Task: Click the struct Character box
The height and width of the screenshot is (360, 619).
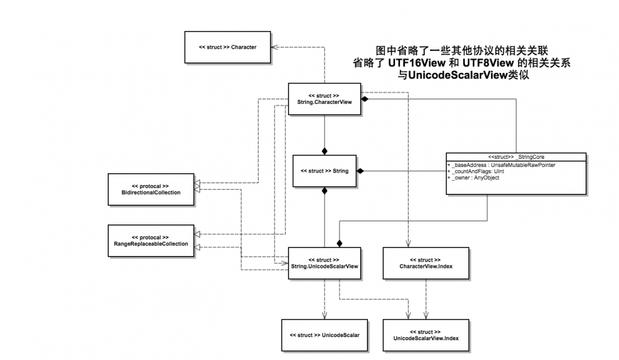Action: coord(227,47)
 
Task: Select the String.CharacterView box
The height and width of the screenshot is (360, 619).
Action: coord(324,99)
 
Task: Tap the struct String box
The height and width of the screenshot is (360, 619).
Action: coord(324,171)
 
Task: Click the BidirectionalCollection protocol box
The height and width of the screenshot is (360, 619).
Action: coord(151,189)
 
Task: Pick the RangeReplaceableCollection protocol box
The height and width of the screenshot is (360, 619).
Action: coord(151,241)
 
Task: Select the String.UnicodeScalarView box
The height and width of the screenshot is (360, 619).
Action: coord(324,262)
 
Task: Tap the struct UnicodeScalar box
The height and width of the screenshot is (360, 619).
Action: coord(324,335)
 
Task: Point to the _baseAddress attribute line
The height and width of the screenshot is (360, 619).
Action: coord(503,165)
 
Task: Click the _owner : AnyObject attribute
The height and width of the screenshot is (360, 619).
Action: coord(475,178)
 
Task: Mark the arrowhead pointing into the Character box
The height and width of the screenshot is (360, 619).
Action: coord(275,47)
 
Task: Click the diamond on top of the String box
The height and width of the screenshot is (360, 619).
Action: coord(324,151)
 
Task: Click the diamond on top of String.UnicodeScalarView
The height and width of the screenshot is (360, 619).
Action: coord(339,243)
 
